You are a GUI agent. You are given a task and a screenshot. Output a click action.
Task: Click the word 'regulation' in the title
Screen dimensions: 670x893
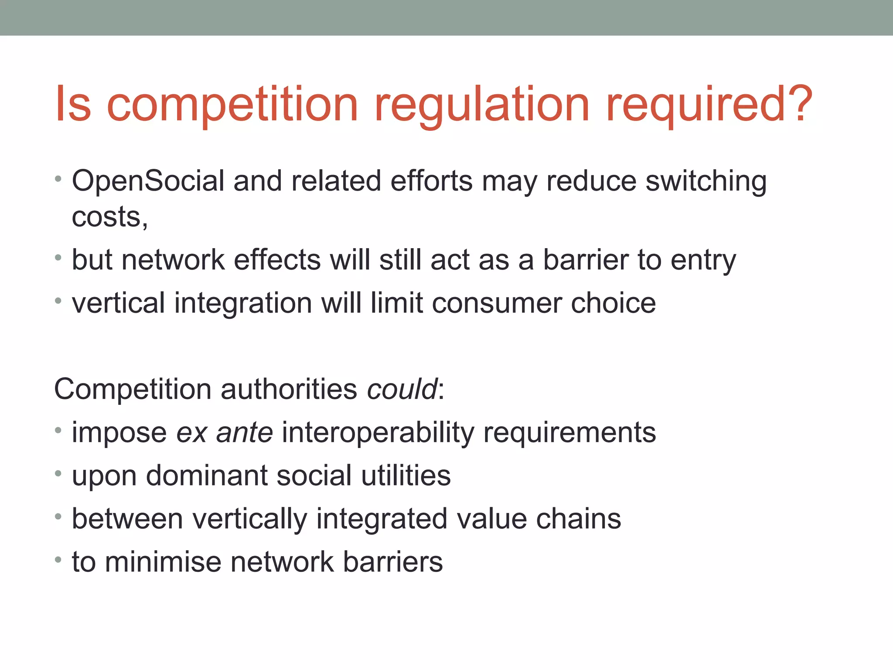482,105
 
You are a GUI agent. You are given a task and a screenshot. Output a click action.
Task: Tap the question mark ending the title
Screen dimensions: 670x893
798,104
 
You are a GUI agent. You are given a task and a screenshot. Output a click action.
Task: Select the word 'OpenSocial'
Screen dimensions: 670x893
148,181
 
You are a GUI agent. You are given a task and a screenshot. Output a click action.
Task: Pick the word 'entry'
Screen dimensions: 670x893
703,260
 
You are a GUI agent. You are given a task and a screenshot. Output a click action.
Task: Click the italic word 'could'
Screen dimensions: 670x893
402,389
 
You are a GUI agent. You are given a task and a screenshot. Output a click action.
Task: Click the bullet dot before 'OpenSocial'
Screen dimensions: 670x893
58,179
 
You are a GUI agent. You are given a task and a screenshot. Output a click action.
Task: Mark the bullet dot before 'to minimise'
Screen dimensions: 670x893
58,560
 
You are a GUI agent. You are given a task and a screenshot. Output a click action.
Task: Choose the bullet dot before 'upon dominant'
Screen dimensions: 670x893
58,473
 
